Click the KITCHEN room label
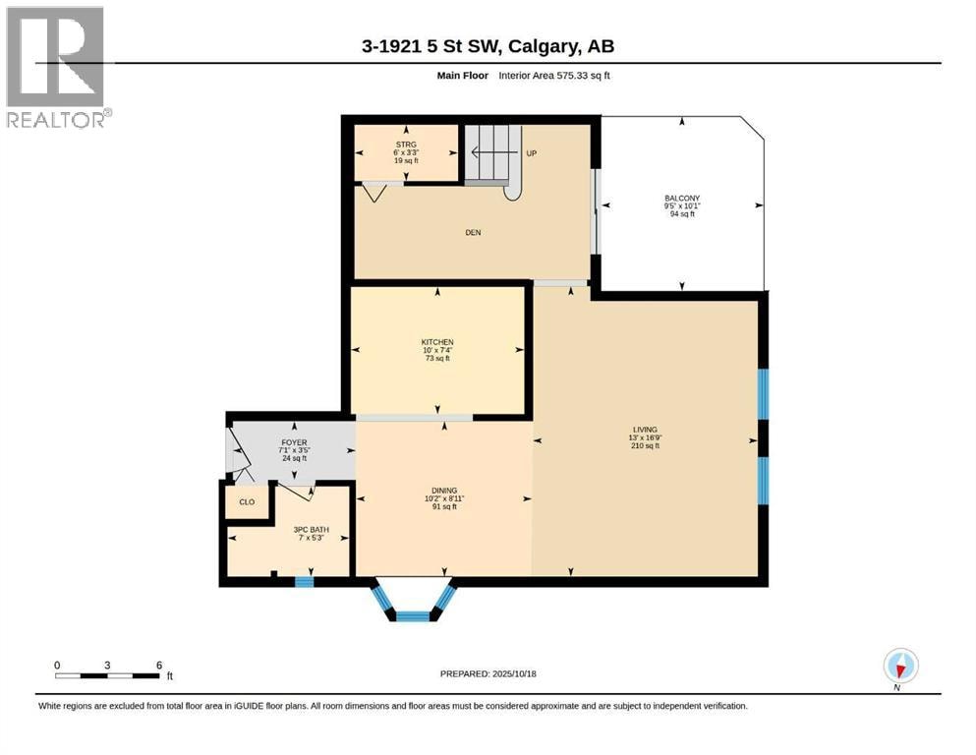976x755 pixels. coord(437,342)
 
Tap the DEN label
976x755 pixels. coord(473,233)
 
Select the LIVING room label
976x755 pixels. coord(645,430)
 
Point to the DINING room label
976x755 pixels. coord(444,491)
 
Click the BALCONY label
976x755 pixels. coord(682,198)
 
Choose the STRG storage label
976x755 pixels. coord(406,145)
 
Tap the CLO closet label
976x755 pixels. coord(247,501)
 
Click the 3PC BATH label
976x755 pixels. coord(312,530)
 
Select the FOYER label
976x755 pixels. coord(294,442)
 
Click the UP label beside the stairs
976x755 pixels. coord(532,153)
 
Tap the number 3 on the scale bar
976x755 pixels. coord(108,666)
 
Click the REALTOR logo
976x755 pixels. coord(56,67)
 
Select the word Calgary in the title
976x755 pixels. coord(542,46)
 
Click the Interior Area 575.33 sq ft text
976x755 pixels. coord(554,76)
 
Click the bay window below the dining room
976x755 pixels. coord(412,602)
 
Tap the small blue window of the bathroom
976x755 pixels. coord(304,582)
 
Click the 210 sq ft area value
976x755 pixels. coord(645,445)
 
